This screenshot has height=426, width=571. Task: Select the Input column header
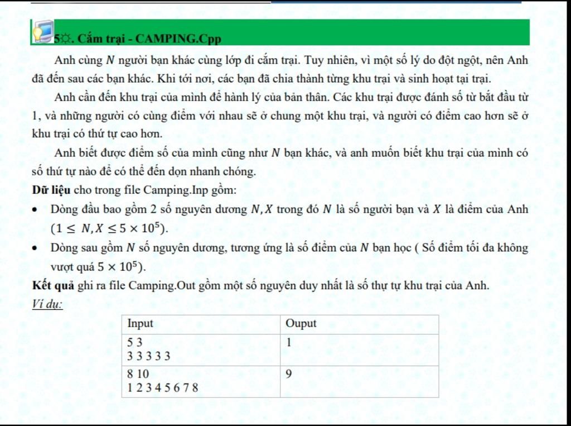tap(141, 324)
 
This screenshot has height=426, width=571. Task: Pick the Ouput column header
tap(301, 324)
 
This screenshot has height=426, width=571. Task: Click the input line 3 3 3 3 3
tap(149, 356)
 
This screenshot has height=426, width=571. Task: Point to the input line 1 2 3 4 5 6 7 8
tap(163, 387)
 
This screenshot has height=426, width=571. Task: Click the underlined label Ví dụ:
tap(47, 304)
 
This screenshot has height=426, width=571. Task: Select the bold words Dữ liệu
tap(51, 190)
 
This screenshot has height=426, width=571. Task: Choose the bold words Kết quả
tap(54, 285)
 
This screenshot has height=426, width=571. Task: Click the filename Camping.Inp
tap(175, 190)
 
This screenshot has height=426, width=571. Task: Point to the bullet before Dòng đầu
tap(36, 210)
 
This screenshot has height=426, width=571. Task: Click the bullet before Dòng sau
tap(36, 248)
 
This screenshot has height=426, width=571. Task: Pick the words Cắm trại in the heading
tap(98, 39)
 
